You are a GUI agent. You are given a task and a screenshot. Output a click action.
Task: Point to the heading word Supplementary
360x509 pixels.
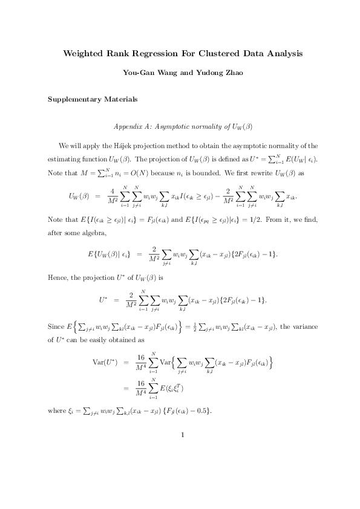pyautogui.click(x=74, y=99)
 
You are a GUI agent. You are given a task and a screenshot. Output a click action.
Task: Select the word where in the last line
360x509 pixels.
pyautogui.click(x=57, y=411)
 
